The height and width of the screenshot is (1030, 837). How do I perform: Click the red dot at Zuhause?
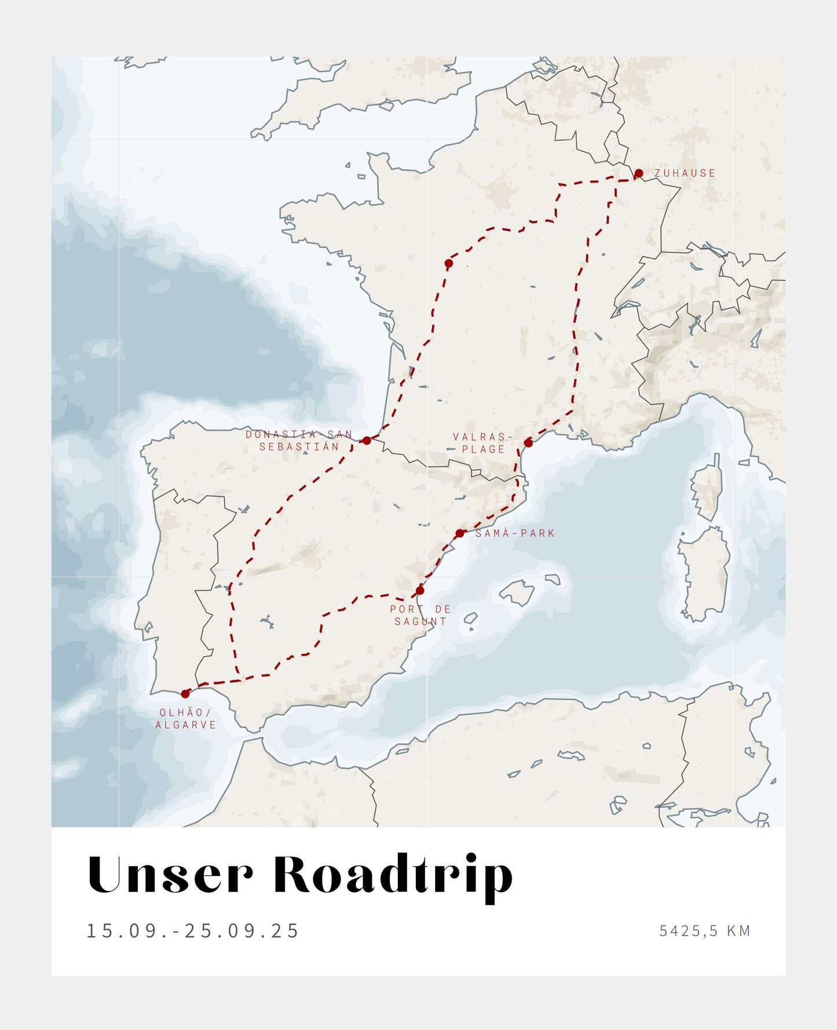pos(638,173)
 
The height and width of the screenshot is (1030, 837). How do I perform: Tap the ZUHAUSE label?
pos(685,173)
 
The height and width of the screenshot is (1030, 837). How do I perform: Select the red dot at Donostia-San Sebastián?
pos(367,441)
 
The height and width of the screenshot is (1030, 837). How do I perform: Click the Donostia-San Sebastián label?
pos(299,441)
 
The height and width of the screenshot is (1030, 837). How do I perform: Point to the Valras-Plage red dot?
pos(528,443)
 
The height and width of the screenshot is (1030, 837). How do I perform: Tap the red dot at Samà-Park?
pos(459,533)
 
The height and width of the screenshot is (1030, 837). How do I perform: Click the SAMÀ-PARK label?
pos(515,533)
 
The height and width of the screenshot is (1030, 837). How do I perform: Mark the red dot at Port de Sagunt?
pos(420,591)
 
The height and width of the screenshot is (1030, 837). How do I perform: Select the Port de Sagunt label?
pos(421,615)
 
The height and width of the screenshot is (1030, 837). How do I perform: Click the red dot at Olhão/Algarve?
pos(185,694)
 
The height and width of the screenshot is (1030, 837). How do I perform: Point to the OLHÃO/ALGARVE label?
pos(185,719)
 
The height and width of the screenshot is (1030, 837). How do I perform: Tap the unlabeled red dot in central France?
pos(448,263)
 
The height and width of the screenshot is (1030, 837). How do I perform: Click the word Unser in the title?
pos(170,875)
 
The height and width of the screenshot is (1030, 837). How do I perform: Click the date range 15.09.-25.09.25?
pos(192,931)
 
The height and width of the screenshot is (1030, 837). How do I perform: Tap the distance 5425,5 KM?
pos(704,931)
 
